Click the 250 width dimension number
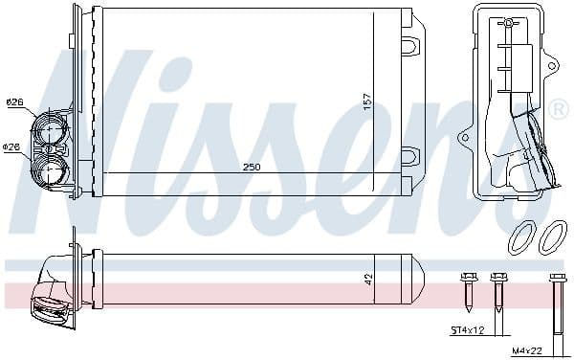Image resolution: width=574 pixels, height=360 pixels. click(x=251, y=167)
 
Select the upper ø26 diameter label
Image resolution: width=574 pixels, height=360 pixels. click(x=14, y=101)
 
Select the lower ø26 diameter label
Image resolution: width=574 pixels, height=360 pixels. click(x=12, y=146)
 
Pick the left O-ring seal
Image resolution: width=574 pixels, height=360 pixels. click(x=522, y=236)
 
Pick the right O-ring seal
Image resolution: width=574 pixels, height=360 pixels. click(x=552, y=236)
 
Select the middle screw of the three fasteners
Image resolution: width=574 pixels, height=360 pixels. click(x=497, y=292)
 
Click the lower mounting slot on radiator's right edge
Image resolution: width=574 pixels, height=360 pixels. click(x=409, y=155)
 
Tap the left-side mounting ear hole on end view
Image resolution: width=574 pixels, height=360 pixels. click(x=465, y=137)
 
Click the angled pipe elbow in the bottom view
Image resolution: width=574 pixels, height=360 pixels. click(x=48, y=292)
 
